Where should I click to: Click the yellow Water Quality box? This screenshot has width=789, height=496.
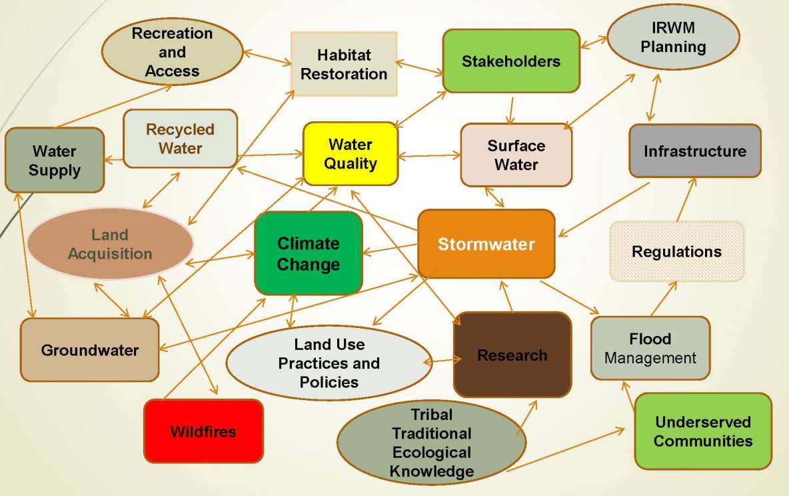(x=351, y=153)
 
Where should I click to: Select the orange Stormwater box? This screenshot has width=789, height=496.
(x=486, y=244)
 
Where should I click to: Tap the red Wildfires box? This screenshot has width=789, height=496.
(x=203, y=431)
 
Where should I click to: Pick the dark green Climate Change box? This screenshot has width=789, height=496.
(x=308, y=253)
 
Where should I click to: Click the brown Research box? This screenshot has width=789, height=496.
(x=512, y=355)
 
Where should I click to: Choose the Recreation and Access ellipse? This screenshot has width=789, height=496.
(x=172, y=52)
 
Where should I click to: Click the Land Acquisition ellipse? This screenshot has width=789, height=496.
(x=110, y=244)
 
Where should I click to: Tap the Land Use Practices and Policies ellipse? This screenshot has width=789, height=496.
(x=329, y=363)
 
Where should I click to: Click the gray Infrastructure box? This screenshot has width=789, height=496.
(x=694, y=151)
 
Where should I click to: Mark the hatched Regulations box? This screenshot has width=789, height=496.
(x=676, y=252)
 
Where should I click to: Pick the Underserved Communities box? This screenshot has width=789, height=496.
(x=702, y=431)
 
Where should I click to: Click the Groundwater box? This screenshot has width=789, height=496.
(x=89, y=350)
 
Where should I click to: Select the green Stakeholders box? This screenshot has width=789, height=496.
(x=510, y=61)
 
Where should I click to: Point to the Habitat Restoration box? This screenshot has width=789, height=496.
(x=344, y=64)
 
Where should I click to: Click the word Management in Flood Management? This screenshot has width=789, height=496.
(x=650, y=359)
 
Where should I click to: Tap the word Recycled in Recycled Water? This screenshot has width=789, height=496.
(x=180, y=129)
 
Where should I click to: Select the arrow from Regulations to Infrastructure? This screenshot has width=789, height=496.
(x=685, y=199)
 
